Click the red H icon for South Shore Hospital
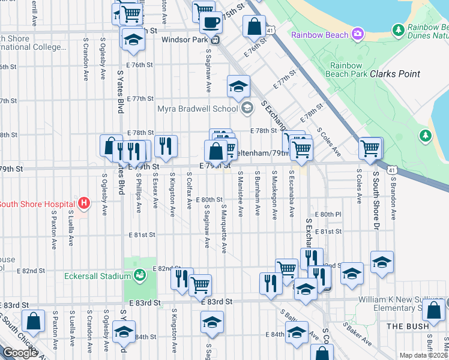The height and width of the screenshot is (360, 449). point(84,203)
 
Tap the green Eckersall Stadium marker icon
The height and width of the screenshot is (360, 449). point(140,276)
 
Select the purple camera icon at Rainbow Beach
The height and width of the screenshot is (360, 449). point(358,34)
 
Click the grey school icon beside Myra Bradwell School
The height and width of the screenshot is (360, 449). point(246,109)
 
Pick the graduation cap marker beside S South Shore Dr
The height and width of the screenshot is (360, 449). point(382,262)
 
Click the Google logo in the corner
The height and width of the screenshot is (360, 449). point(19,353)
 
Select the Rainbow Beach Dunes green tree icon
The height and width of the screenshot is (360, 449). point(397,29)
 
